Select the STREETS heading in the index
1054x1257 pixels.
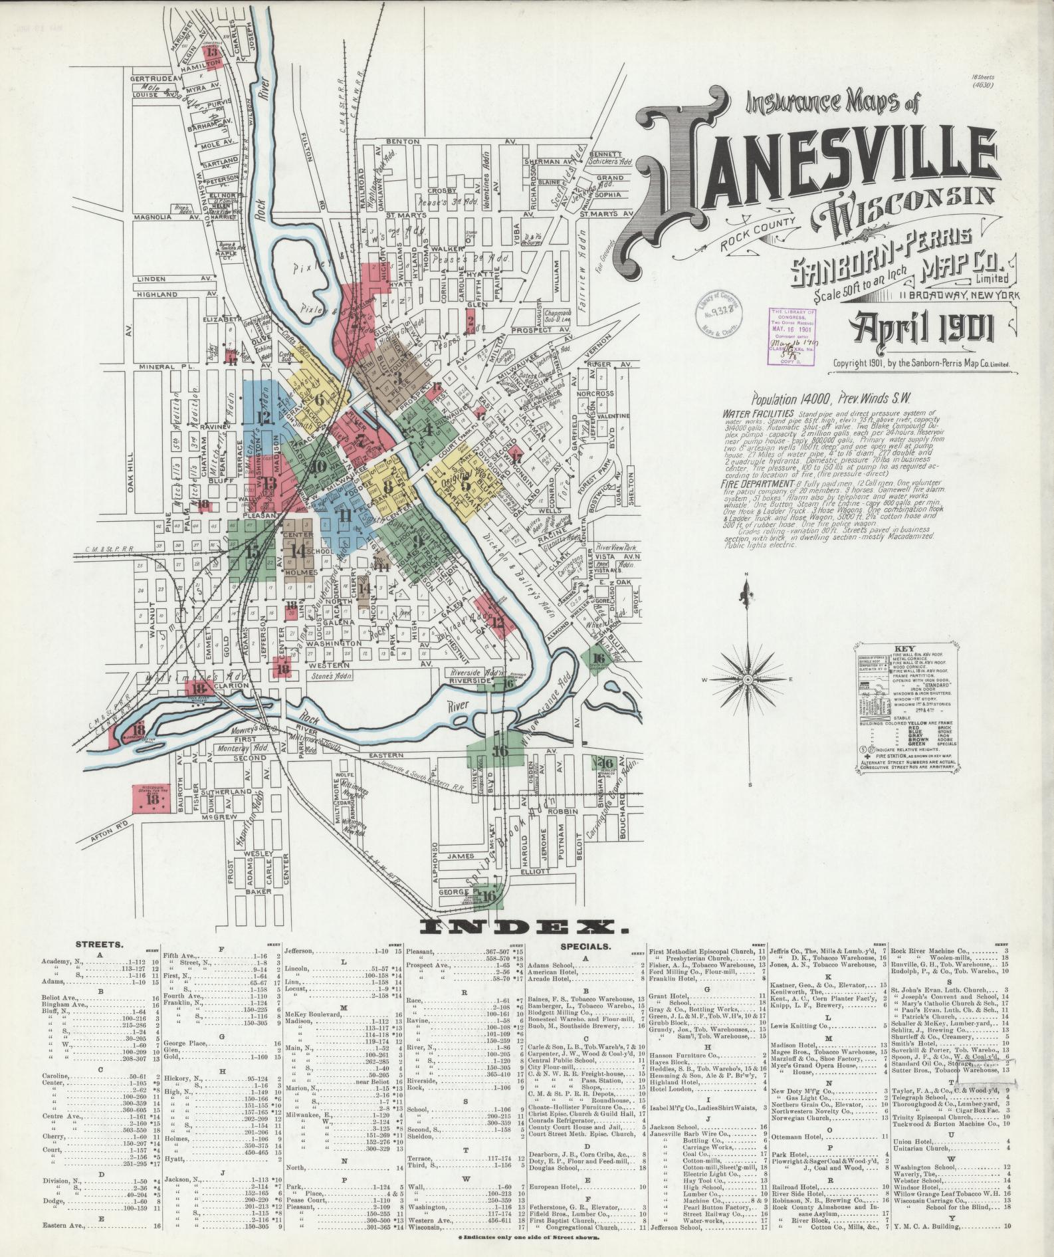(99, 943)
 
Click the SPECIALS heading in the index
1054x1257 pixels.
(585, 945)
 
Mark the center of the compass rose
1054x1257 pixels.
(746, 680)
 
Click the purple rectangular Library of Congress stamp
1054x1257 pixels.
(792, 336)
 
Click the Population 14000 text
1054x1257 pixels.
(791, 400)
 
